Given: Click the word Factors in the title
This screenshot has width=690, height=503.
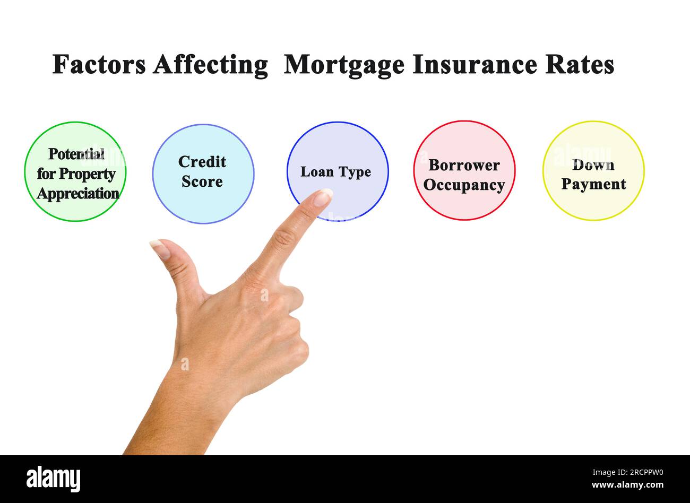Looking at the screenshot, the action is click(x=99, y=64).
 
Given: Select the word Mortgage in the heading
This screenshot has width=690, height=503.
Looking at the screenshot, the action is click(x=344, y=66).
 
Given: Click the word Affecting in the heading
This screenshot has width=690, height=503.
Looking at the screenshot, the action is click(x=210, y=66).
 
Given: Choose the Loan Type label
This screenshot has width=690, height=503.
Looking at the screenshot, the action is click(x=336, y=172).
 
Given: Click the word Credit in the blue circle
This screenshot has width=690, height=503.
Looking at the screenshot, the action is click(x=202, y=162).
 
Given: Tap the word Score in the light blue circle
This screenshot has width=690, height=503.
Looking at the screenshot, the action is click(x=202, y=181).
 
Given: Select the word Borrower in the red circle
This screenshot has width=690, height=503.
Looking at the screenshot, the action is click(x=464, y=165).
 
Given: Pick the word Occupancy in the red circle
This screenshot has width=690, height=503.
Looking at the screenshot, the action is click(x=464, y=185).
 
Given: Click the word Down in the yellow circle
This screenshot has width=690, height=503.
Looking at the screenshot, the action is click(x=593, y=165).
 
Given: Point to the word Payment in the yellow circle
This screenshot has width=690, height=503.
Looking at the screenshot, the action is click(x=593, y=185).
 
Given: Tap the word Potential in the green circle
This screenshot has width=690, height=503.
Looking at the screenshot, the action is click(x=76, y=154).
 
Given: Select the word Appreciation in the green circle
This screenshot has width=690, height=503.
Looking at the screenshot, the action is click(x=78, y=194).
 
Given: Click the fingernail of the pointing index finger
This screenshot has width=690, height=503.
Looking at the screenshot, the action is click(x=323, y=197).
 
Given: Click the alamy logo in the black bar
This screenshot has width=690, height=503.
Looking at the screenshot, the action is click(x=53, y=479).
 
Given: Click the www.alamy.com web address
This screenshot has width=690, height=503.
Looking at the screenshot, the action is click(x=628, y=485).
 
